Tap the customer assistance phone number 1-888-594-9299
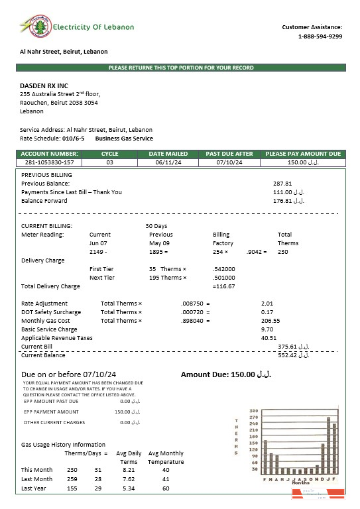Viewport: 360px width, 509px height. (x=320, y=36)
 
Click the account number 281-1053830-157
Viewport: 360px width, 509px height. (x=49, y=162)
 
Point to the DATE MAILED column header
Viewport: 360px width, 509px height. (x=163, y=154)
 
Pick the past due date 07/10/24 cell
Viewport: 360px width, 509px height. (x=224, y=162)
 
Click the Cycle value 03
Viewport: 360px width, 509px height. (x=109, y=162)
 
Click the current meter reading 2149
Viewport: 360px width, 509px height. (x=97, y=252)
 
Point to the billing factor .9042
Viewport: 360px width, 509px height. (x=256, y=252)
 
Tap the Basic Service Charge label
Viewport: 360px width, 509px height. (x=49, y=329)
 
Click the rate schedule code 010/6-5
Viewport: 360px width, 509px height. (x=73, y=139)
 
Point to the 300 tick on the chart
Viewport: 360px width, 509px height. (x=253, y=411)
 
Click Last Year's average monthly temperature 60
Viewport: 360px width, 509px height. (x=165, y=488)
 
